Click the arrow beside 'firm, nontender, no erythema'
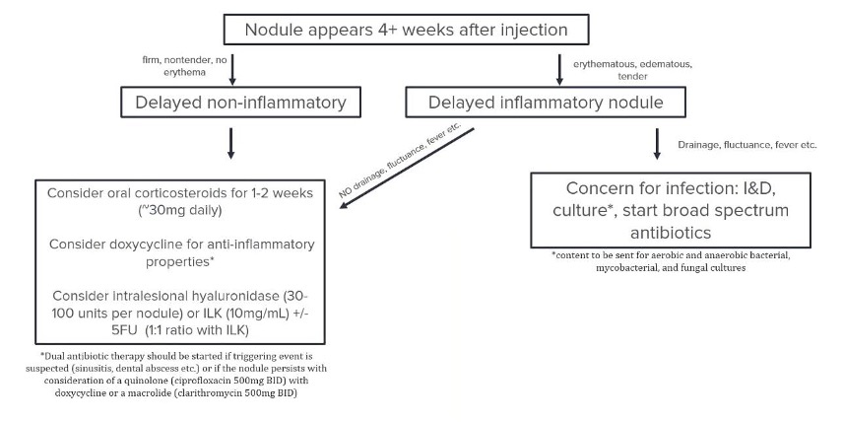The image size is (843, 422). tap(231, 68)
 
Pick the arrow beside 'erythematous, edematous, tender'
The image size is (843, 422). tap(559, 68)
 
